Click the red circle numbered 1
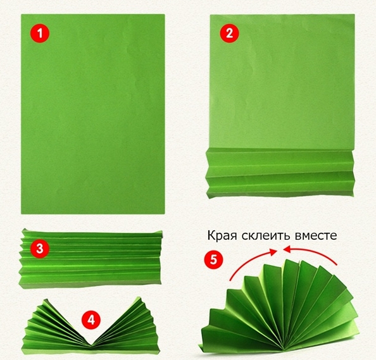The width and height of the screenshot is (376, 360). (x=40, y=33)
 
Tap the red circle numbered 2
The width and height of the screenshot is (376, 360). (x=230, y=33)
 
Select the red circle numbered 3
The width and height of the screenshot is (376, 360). (x=40, y=249)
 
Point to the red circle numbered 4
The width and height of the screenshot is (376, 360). (x=91, y=320)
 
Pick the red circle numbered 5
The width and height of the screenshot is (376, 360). (x=213, y=259)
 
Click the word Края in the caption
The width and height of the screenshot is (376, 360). (x=222, y=236)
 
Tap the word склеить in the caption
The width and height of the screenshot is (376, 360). (x=265, y=235)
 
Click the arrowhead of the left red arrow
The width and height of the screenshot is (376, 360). (x=273, y=251)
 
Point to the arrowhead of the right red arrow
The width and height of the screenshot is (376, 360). (x=287, y=250)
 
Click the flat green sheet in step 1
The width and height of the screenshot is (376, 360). (x=93, y=114)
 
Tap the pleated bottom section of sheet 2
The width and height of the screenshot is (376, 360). (x=280, y=173)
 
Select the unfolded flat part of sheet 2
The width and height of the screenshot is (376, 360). (x=282, y=82)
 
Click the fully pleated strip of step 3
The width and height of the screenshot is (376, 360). (x=91, y=259)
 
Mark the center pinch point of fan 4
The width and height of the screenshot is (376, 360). (x=91, y=345)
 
